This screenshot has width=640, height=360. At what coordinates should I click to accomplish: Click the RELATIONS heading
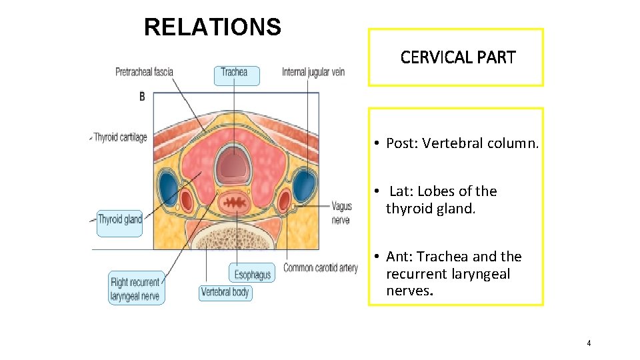(213, 27)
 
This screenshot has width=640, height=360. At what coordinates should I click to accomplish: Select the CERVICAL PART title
(458, 57)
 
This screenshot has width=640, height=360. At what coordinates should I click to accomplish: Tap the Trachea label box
(234, 73)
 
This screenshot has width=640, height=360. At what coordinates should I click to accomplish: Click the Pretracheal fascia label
(144, 72)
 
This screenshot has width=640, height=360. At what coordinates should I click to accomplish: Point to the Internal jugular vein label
(313, 72)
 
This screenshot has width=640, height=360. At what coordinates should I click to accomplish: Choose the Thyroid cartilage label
(120, 137)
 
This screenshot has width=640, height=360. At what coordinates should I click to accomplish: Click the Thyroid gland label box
(120, 220)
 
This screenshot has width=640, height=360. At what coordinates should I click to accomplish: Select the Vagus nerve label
(341, 213)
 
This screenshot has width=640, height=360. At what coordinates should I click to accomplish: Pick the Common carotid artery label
(321, 268)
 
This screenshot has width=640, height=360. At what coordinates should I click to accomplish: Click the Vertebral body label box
(225, 292)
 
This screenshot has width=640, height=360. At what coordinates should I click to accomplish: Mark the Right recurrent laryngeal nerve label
(135, 289)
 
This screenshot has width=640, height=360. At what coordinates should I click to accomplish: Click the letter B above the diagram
(142, 97)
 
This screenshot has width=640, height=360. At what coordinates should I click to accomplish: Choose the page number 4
(589, 343)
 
